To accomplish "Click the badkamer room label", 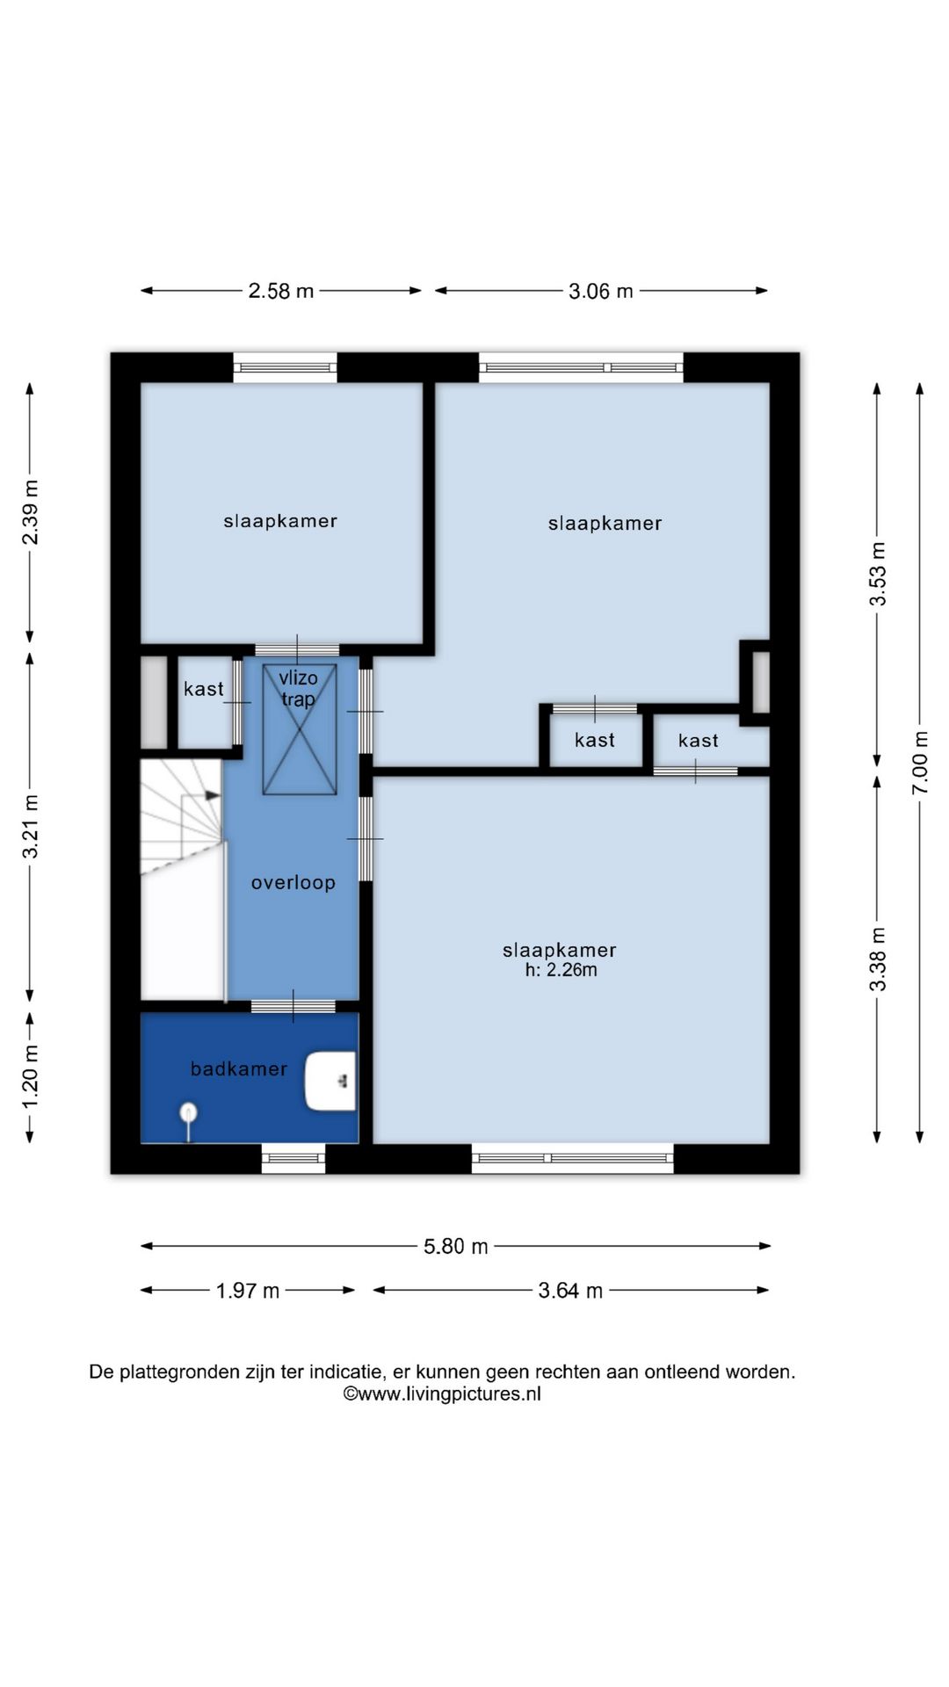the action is [239, 1068].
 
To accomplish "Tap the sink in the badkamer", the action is [330, 1081].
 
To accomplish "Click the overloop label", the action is [293, 882].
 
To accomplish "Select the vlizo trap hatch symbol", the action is [300, 729].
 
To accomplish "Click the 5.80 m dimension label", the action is [456, 1246].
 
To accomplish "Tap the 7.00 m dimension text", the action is [920, 763].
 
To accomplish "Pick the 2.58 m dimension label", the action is [281, 291].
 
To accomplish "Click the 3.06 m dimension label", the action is [601, 291].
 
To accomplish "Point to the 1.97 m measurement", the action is [248, 1291].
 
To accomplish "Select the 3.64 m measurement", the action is [571, 1291].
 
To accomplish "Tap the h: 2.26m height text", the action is [561, 970].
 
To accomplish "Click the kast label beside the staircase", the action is [204, 689].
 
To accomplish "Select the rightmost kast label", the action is [699, 741].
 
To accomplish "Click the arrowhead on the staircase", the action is [214, 795].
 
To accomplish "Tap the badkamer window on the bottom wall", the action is [293, 1158].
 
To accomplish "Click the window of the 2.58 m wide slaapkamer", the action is [285, 367].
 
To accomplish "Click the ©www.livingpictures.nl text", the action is [442, 1394].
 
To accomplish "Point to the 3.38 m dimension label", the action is [877, 959].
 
